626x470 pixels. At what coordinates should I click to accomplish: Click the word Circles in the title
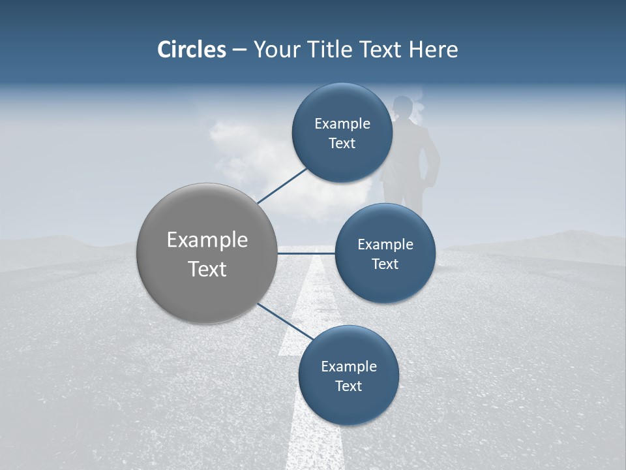192,50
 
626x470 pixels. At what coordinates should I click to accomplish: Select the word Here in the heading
434,50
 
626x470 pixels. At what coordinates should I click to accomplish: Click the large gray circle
207,253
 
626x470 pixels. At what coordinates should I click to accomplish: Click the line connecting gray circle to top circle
282,185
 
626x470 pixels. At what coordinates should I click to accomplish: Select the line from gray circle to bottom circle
285,322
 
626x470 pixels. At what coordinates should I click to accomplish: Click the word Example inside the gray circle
207,240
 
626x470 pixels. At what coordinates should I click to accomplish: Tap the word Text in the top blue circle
342,144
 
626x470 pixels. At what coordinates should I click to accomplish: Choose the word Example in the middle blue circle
385,245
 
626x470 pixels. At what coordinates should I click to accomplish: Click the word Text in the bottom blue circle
348,386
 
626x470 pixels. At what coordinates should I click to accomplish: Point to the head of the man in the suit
403,106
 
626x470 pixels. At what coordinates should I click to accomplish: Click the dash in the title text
239,50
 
